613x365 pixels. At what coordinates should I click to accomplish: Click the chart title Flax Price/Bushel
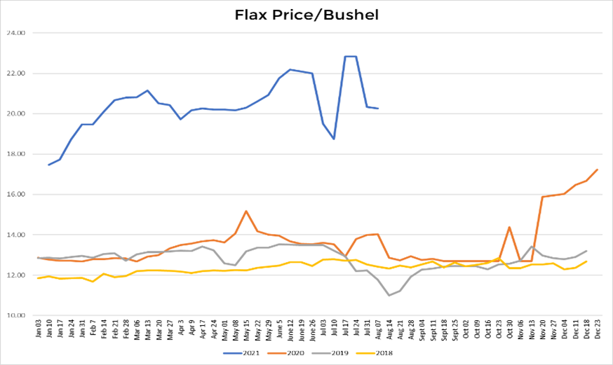(x=306, y=15)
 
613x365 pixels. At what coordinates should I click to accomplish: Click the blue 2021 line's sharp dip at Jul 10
(x=335, y=139)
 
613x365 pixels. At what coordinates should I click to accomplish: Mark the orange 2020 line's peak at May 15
(x=246, y=211)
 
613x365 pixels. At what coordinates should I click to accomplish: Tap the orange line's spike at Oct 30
(x=509, y=227)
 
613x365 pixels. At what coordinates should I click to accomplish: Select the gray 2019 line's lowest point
(x=389, y=295)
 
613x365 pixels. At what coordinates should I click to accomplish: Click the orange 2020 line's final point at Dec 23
(x=597, y=170)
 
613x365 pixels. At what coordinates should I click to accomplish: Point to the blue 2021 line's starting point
(x=48, y=165)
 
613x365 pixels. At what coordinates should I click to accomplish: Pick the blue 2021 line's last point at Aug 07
(x=378, y=109)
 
